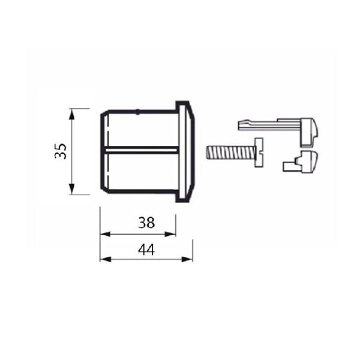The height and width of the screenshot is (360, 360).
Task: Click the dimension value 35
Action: pos(60,151)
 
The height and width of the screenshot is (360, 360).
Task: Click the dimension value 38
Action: pos(146,223)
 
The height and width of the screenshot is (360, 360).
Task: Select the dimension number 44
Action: pos(146,250)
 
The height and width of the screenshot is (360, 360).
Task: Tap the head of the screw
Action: pos(259,152)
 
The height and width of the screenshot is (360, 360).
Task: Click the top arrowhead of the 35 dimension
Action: pos(71,112)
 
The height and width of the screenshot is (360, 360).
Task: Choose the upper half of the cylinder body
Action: pos(141,129)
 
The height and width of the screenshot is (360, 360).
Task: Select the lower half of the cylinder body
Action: pos(141,172)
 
